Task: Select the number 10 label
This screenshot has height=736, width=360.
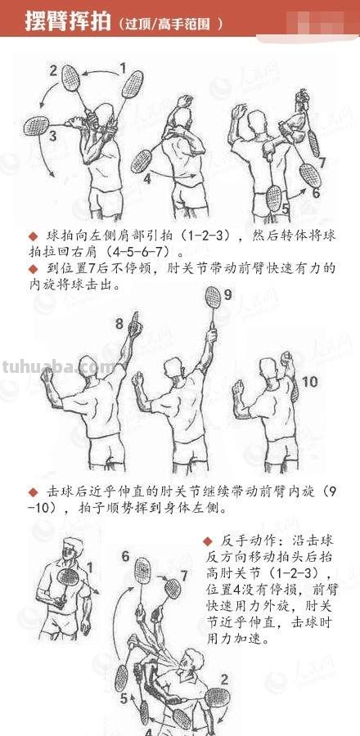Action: click(x=309, y=382)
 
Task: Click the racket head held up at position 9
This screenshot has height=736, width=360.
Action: click(x=214, y=297)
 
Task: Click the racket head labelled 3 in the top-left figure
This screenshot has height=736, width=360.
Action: click(x=38, y=125)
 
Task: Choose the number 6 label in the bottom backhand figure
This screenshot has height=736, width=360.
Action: click(x=125, y=556)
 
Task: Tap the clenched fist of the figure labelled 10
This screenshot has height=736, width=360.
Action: click(x=286, y=359)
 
